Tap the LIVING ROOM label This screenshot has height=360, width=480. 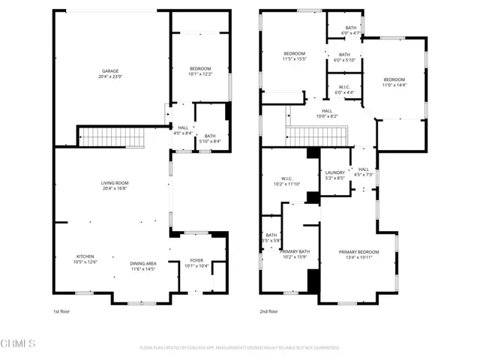click(115, 186)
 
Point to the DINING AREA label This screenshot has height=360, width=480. click(143, 265)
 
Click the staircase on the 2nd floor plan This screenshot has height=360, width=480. click(314, 136)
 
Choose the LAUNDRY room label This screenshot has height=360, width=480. click(334, 175)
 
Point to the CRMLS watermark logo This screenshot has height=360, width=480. click(19, 344)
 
